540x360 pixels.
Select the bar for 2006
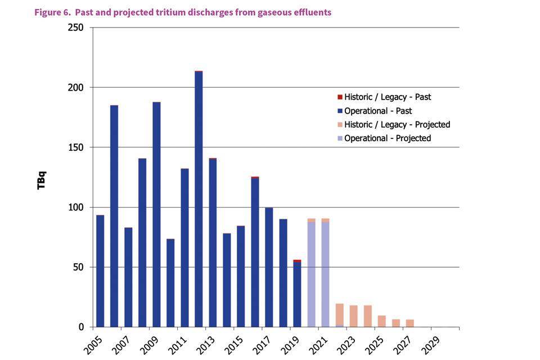tap(114, 216)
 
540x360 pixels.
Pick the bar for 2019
tap(297, 293)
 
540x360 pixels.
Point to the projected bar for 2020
tap(311, 273)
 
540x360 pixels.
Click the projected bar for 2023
tap(353, 316)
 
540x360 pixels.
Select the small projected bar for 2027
tap(409, 323)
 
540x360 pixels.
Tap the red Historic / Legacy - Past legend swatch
tap(340, 97)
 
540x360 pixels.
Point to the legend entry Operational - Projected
tap(388, 138)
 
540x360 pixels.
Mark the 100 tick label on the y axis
tap(75, 208)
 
